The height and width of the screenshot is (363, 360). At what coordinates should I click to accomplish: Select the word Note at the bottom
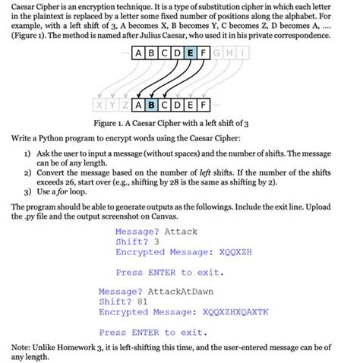tap(21, 346)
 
